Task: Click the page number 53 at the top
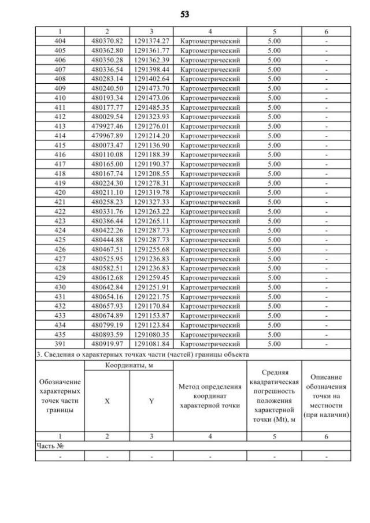click(x=184, y=13)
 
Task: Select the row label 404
click(x=60, y=41)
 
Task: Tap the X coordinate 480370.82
click(x=108, y=41)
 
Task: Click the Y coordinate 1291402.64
click(x=151, y=79)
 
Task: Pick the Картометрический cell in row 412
click(x=210, y=117)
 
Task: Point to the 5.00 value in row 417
click(x=275, y=164)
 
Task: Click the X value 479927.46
click(x=108, y=126)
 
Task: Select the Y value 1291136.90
click(x=151, y=145)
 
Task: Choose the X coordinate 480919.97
click(x=108, y=344)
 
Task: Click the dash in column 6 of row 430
click(x=326, y=287)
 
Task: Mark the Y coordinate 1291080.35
click(x=151, y=335)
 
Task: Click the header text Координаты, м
click(x=129, y=365)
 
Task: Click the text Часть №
click(x=50, y=446)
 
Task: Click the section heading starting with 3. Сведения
click(x=141, y=353)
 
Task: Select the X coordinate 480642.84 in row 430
click(x=108, y=287)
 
